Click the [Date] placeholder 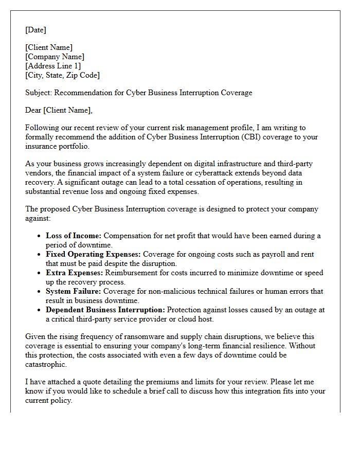click(x=35, y=30)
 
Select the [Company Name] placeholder click(x=55, y=57)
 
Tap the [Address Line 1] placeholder click(x=53, y=66)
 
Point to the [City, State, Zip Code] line click(x=62, y=75)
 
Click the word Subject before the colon click(x=38, y=93)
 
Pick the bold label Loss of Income click(x=74, y=236)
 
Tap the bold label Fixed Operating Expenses click(x=93, y=254)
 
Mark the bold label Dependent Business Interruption click(x=105, y=310)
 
